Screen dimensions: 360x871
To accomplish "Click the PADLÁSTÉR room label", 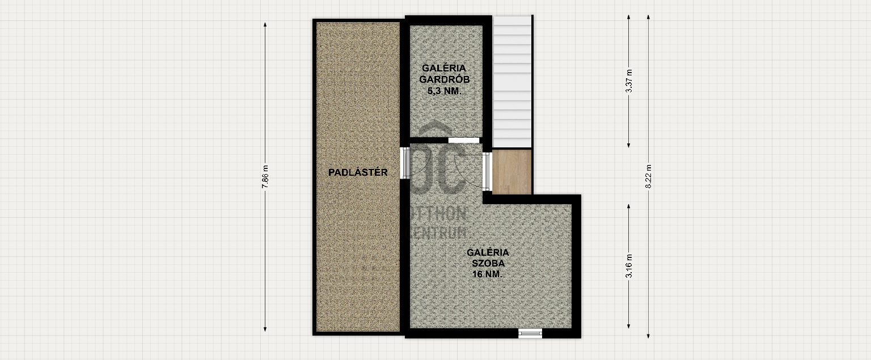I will coord(358,172).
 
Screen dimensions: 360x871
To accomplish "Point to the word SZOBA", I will coord(488,263).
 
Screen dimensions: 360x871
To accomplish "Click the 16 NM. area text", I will coord(488,274).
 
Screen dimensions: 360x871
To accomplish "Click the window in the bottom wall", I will coord(530,333).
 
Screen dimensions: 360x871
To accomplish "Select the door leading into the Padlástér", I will coord(405,163).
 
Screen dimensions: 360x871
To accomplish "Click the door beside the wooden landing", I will coord(487,172).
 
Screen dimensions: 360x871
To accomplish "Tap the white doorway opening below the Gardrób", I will coord(464,140).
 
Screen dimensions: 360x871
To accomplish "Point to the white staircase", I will coord(513,82).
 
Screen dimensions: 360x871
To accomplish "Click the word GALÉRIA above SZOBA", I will coord(488,252).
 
